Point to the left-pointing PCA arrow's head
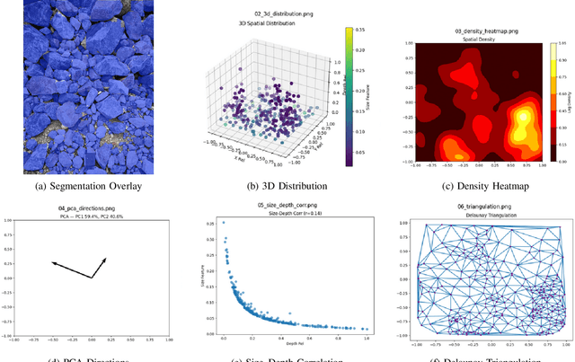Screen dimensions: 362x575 tap(52, 262)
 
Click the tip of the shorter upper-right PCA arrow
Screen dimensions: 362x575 tap(105, 259)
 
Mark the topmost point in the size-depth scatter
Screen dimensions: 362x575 tap(223, 224)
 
